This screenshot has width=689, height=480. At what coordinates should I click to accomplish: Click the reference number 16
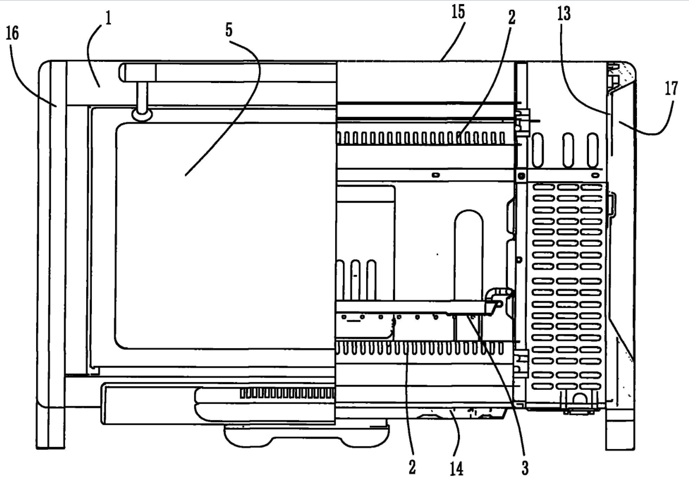12,33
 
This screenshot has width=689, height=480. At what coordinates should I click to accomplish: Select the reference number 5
229,30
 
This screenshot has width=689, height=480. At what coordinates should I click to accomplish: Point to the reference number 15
458,12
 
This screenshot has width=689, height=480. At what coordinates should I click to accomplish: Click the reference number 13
564,13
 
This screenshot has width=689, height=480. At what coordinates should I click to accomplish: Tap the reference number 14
456,469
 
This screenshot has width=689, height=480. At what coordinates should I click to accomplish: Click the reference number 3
525,468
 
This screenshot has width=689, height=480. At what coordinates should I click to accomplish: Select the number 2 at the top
511,17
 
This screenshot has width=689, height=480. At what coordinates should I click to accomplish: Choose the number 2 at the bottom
412,468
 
